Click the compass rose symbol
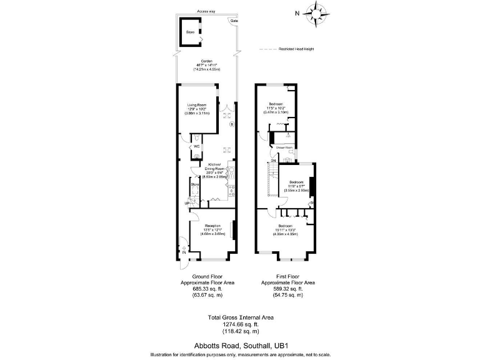[319, 12]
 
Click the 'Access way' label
[206, 11]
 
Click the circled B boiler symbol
[231, 125]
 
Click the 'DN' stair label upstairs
[272, 160]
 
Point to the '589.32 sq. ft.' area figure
[288, 289]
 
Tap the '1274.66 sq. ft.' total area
[241, 324]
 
